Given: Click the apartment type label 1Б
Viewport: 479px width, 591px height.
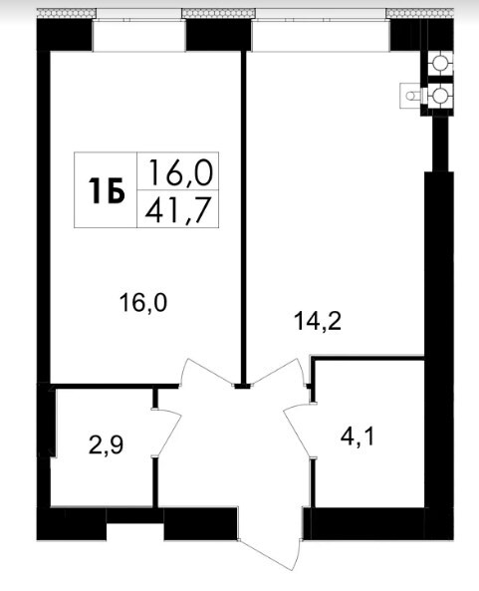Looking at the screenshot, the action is [x=107, y=190].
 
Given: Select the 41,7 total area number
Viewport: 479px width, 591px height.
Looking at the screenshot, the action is [x=177, y=210].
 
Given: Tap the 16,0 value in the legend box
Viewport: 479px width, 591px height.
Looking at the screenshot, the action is [x=181, y=172].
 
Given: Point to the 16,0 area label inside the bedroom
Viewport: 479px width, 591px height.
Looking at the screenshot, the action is [x=143, y=303].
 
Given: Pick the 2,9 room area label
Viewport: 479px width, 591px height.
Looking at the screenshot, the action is [x=106, y=445].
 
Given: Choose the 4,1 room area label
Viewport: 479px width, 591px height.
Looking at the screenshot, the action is [x=357, y=438].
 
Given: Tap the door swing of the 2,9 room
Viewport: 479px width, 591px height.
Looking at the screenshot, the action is [x=167, y=433].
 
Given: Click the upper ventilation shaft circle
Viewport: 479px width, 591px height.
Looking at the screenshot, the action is [x=439, y=63].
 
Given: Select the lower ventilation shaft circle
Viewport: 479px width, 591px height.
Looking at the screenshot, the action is [x=439, y=96].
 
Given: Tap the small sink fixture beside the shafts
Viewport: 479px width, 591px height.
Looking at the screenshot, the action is [x=411, y=96].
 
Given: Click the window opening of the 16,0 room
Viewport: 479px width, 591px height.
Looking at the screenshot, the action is [x=139, y=36].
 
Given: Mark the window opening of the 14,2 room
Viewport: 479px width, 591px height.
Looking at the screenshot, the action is [x=321, y=36].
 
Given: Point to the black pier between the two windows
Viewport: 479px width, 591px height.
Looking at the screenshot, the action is [x=218, y=35].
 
